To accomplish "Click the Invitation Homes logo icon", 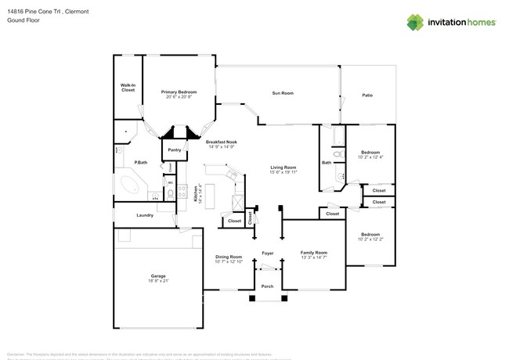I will tap(414, 22).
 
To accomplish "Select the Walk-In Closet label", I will tap(128, 87).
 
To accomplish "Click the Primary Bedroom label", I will tap(179, 92).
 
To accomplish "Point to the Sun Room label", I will tap(282, 93).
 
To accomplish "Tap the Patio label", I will tap(366, 95).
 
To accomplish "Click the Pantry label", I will tap(174, 149).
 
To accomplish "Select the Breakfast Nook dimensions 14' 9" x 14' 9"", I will tap(222, 146).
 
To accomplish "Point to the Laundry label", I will tap(144, 215).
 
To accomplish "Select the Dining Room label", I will tap(229, 257).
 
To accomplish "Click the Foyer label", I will tap(267, 253).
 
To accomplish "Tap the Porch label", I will tap(267, 286).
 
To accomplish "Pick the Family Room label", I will tap(314, 252).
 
